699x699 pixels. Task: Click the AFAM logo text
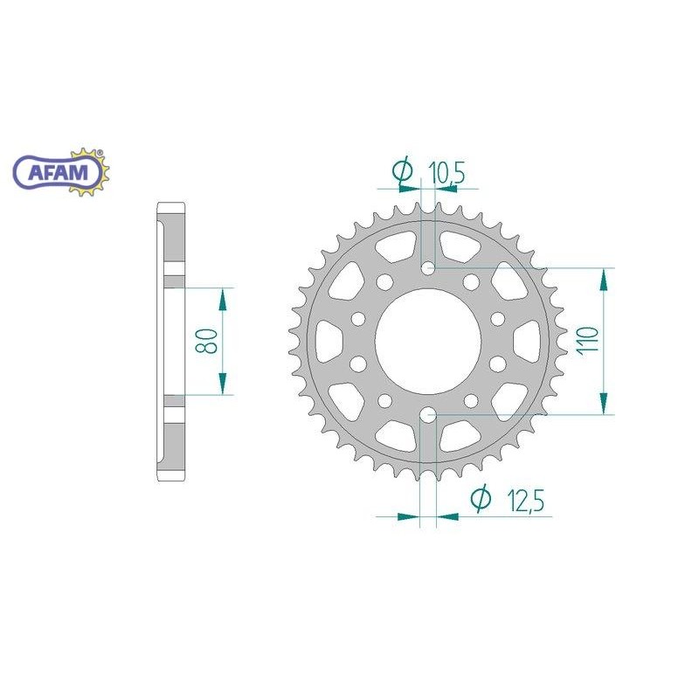(x=58, y=172)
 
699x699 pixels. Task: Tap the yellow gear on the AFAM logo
(x=89, y=172)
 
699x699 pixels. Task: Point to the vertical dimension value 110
(x=588, y=341)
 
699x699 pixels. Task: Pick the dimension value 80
(x=206, y=342)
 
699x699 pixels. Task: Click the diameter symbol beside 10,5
(x=403, y=170)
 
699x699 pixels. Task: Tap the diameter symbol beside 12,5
(x=481, y=499)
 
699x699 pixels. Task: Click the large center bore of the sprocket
(x=428, y=342)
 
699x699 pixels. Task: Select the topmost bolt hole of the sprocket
(x=428, y=268)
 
